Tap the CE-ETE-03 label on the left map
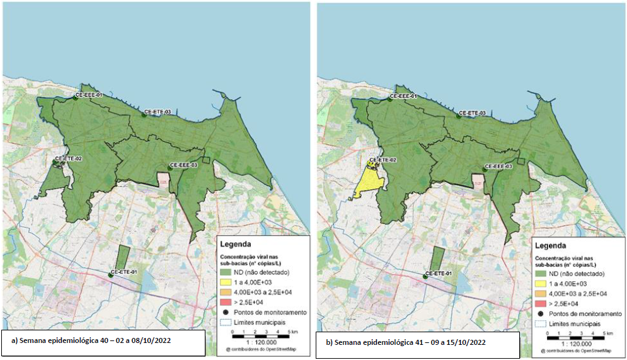click(158, 112)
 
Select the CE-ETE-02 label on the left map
click(69, 158)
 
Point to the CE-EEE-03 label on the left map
click(183, 165)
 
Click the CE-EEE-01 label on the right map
click(401, 96)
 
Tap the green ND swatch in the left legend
click(226, 273)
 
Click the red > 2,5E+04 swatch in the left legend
click(226, 302)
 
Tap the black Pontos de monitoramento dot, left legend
click(226, 312)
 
